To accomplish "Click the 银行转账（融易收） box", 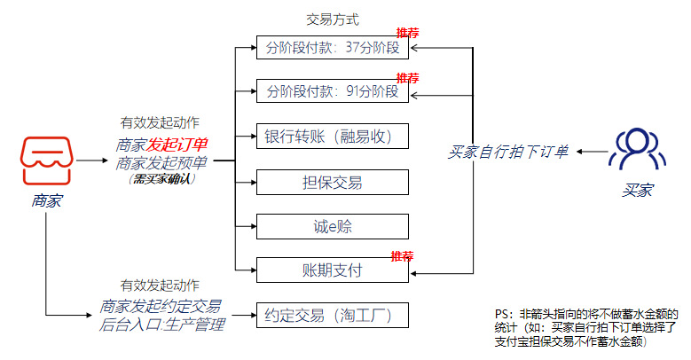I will tap(333, 137).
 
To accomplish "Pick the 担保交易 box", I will tap(333, 183).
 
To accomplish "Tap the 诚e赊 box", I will tap(333, 226).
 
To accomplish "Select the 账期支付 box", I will tap(333, 270).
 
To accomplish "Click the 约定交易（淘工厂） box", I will tap(333, 315).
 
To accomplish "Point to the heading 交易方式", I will tap(332, 20).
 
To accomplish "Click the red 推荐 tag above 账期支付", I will tap(404, 256).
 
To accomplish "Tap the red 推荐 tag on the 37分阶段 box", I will tap(407, 33).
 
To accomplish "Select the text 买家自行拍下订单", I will tap(508, 153).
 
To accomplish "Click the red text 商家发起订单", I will tap(161, 145).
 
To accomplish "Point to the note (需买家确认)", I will tap(161, 178).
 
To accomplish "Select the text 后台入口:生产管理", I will tap(161, 325).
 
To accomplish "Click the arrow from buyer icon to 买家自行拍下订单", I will tap(592, 153).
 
